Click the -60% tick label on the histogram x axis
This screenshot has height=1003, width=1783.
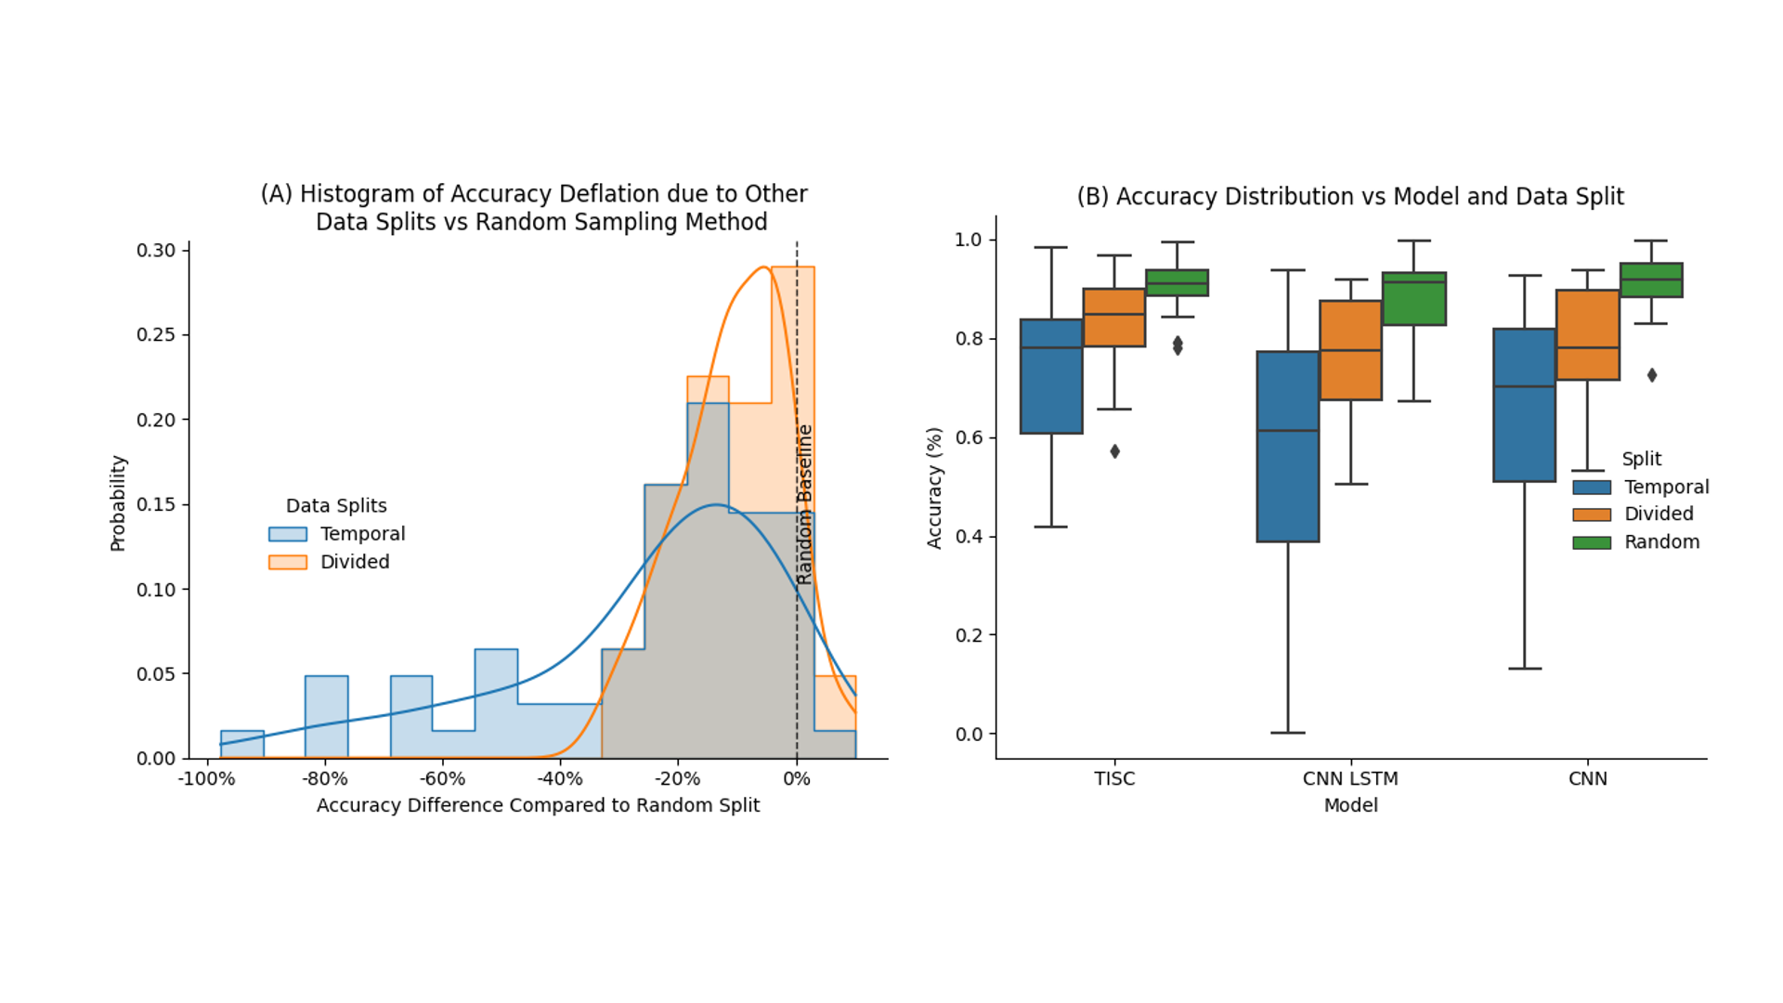click(x=442, y=779)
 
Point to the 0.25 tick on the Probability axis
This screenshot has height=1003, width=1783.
click(x=156, y=334)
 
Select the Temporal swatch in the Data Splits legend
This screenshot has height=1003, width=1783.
click(x=288, y=534)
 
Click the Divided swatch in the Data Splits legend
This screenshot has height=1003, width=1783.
click(x=288, y=562)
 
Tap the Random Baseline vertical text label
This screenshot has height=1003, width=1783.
click(x=805, y=504)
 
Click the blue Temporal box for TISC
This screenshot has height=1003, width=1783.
click(x=1051, y=376)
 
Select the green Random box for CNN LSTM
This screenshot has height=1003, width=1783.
click(x=1413, y=299)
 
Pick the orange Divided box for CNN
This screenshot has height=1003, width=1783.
click(x=1588, y=334)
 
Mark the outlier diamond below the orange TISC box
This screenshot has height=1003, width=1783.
click(x=1115, y=451)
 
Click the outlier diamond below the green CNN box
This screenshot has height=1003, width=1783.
click(x=1652, y=375)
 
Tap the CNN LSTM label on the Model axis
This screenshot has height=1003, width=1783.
click(x=1350, y=779)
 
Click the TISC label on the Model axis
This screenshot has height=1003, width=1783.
click(x=1114, y=779)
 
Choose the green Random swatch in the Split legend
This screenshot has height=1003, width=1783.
click(x=1592, y=542)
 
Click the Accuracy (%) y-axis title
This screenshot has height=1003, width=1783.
click(x=934, y=488)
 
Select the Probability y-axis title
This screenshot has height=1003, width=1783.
click(x=118, y=503)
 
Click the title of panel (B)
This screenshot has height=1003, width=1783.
click(x=1350, y=197)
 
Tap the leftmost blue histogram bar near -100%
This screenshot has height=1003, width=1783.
click(x=242, y=745)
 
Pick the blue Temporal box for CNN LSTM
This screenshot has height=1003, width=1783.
click(x=1288, y=447)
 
